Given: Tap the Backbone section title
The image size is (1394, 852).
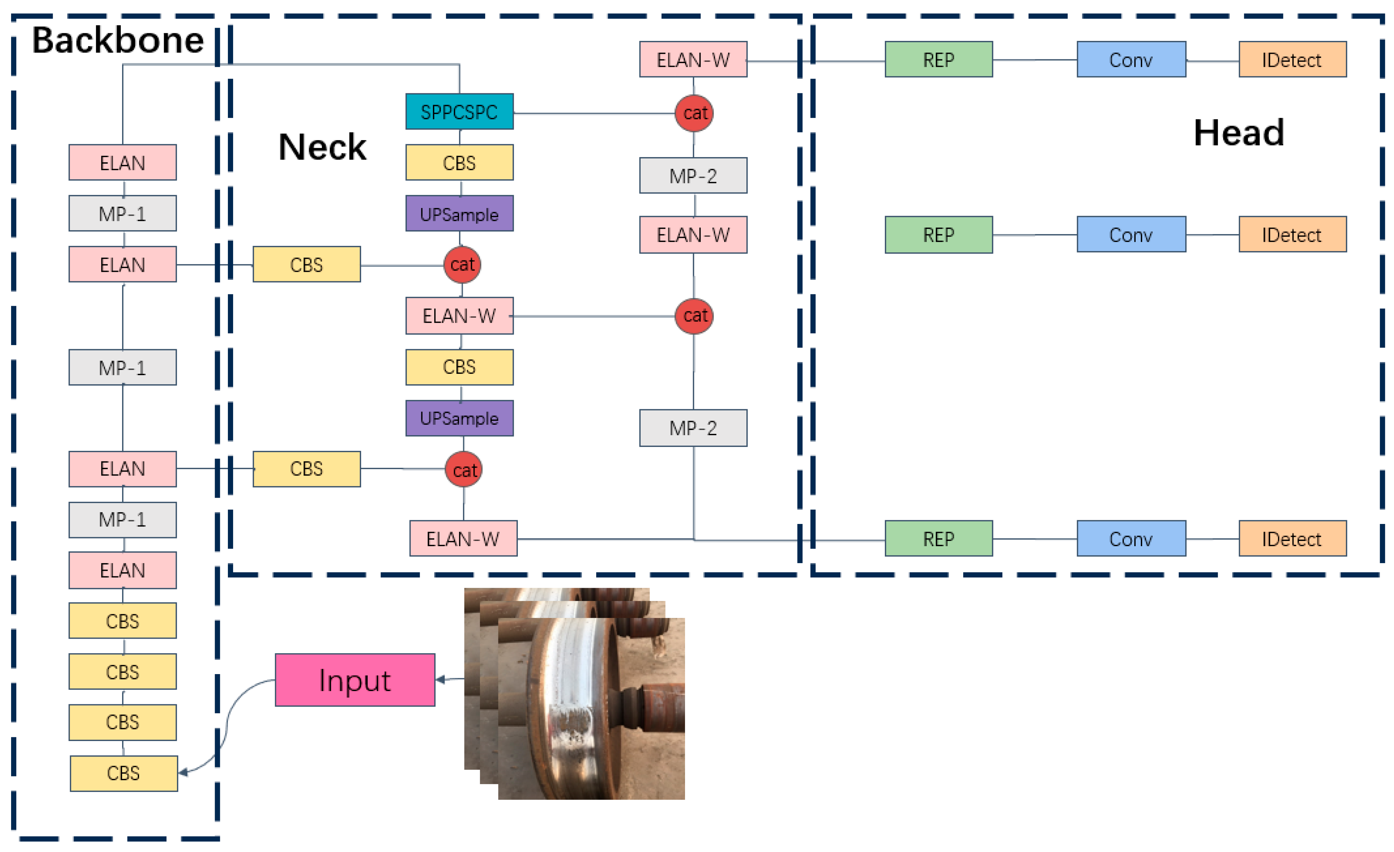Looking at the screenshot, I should [x=118, y=40].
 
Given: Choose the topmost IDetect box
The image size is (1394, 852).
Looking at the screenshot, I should [x=1292, y=59].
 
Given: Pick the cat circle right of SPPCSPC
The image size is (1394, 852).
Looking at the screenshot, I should [x=694, y=113].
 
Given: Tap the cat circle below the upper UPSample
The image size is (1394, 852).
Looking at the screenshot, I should [x=462, y=264].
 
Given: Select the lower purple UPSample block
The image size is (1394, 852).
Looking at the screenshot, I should [x=459, y=418].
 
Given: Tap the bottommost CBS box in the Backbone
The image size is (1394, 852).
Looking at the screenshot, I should [x=123, y=773].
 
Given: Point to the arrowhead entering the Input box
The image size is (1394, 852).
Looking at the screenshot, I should [x=440, y=679].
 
